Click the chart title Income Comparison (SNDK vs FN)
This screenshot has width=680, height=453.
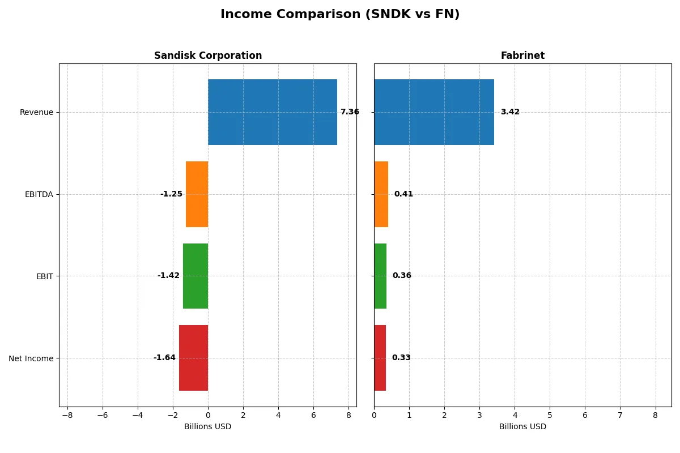340,15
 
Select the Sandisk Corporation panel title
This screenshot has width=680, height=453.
208,56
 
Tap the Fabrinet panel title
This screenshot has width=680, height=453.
522,56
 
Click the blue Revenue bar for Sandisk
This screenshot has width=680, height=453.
273,112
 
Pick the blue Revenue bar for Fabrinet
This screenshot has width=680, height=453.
434,112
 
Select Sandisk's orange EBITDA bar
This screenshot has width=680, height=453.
197,194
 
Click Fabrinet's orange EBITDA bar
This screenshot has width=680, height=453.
381,194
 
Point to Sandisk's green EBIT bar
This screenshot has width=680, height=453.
195,276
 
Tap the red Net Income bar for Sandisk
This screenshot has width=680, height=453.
193,358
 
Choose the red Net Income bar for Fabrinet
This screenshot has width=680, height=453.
380,358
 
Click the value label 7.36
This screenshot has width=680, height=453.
350,112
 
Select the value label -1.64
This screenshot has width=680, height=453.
164,358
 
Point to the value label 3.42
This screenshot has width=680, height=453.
510,112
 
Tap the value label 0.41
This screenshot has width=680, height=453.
403,194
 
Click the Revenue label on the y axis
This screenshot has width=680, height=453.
36,113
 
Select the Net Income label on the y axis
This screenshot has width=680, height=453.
31,358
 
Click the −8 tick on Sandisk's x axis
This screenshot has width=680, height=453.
67,415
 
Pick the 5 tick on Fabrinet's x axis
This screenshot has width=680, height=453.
550,415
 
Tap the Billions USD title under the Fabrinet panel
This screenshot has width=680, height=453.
522,427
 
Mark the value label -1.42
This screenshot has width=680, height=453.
168,276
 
